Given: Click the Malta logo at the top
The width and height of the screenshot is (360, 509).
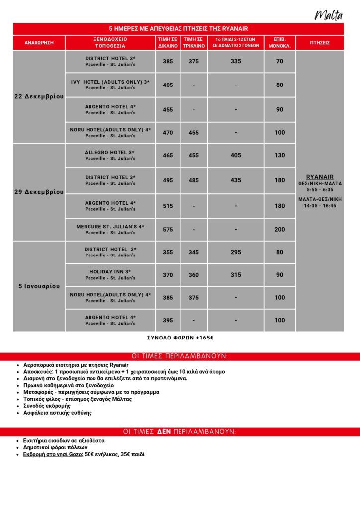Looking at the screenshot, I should pos(329,15).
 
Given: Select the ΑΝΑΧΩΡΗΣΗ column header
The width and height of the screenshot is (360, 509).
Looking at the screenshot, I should pos(39,43).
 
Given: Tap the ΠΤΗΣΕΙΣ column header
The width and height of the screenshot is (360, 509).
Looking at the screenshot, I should pos(319,43).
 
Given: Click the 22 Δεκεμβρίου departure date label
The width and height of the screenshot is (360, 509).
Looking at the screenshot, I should pos(39,97).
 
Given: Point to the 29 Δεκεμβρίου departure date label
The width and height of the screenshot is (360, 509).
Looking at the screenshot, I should pos(39,192).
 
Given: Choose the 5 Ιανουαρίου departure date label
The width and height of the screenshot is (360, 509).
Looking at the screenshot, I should pos(39,286).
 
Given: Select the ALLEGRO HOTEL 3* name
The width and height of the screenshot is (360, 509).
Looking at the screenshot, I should pos(110,152).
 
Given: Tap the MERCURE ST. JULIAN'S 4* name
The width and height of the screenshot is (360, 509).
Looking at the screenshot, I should pos(110,226).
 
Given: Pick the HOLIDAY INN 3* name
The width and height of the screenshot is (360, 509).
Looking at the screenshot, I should pos(110,271).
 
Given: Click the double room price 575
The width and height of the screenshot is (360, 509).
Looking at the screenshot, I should pos(168,229).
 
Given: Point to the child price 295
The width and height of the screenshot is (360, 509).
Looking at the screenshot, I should pos(236,252).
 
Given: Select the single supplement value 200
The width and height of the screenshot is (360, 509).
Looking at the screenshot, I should pos(280,229).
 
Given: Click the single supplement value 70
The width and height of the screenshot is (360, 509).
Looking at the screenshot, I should pos(280,61).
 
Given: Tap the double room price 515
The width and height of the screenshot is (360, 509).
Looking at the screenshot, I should pos(168,206).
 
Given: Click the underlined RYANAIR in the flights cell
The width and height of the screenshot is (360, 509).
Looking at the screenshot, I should pos(320,177).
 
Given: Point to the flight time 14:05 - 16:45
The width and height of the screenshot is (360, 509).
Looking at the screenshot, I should pos(320,206).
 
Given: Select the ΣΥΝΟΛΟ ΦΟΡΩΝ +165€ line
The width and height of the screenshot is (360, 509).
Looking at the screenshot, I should pos(180,338).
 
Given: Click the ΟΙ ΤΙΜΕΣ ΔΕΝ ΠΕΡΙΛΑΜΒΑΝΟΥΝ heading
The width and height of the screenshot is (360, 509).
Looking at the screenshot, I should pos(180,431).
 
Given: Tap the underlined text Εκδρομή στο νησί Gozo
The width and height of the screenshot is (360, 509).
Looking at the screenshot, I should pos(53,454).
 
